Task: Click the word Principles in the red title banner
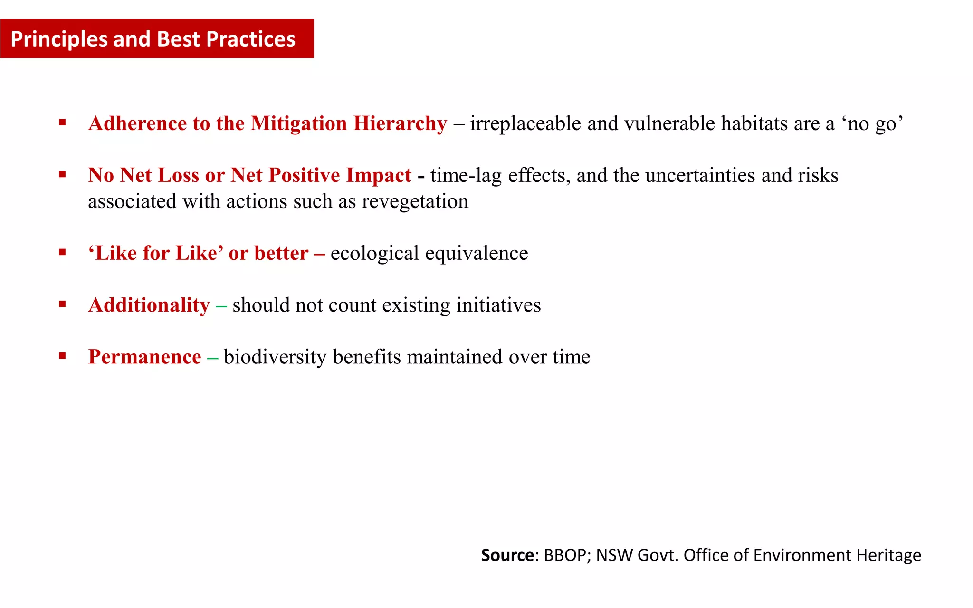(x=59, y=39)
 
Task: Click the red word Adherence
(x=137, y=123)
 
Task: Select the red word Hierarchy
(x=400, y=123)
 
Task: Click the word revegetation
(x=415, y=201)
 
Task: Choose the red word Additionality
(x=149, y=305)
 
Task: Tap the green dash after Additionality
(x=221, y=306)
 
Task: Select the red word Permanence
(x=144, y=357)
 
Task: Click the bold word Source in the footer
(x=507, y=555)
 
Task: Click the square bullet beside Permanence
(x=62, y=356)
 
